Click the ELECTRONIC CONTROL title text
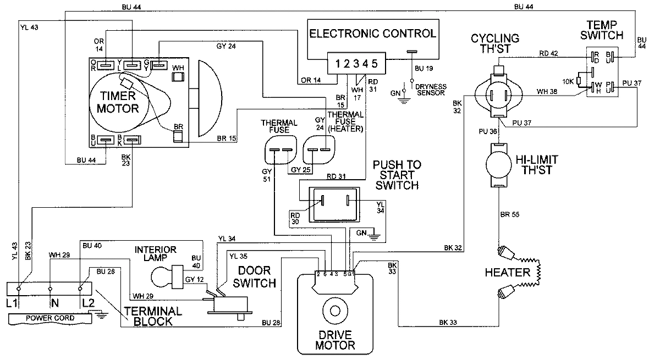pyautogui.click(x=372, y=34)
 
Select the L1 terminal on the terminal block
pyautogui.click(x=18, y=287)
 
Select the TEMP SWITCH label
pyautogui.click(x=604, y=30)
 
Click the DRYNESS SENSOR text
pyautogui.click(x=431, y=90)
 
